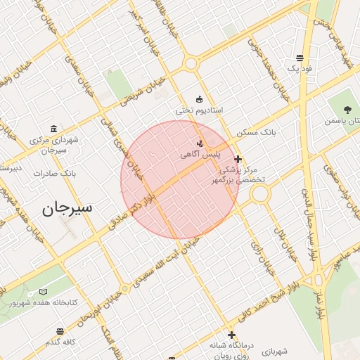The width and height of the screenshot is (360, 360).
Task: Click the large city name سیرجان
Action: (70, 208)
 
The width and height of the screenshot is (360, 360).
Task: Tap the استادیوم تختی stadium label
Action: (199, 111)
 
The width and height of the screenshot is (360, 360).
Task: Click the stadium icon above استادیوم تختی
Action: (199, 99)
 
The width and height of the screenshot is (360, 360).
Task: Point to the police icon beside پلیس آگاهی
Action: (200, 143)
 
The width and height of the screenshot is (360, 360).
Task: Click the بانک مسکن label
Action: (258, 131)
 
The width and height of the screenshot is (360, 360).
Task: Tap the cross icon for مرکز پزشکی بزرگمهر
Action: (238, 159)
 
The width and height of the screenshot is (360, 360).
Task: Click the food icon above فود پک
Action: (300, 58)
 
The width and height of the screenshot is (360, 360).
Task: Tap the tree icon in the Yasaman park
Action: (347, 109)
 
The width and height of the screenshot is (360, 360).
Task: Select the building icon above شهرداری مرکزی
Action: (54, 128)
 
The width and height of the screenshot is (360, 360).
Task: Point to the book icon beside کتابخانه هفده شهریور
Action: (44, 291)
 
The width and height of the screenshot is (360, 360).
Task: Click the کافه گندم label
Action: (62, 342)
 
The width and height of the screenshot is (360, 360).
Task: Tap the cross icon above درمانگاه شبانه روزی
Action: (232, 335)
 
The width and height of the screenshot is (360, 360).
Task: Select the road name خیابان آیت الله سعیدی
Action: (162, 263)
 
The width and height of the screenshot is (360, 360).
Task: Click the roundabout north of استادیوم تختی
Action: (191, 64)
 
